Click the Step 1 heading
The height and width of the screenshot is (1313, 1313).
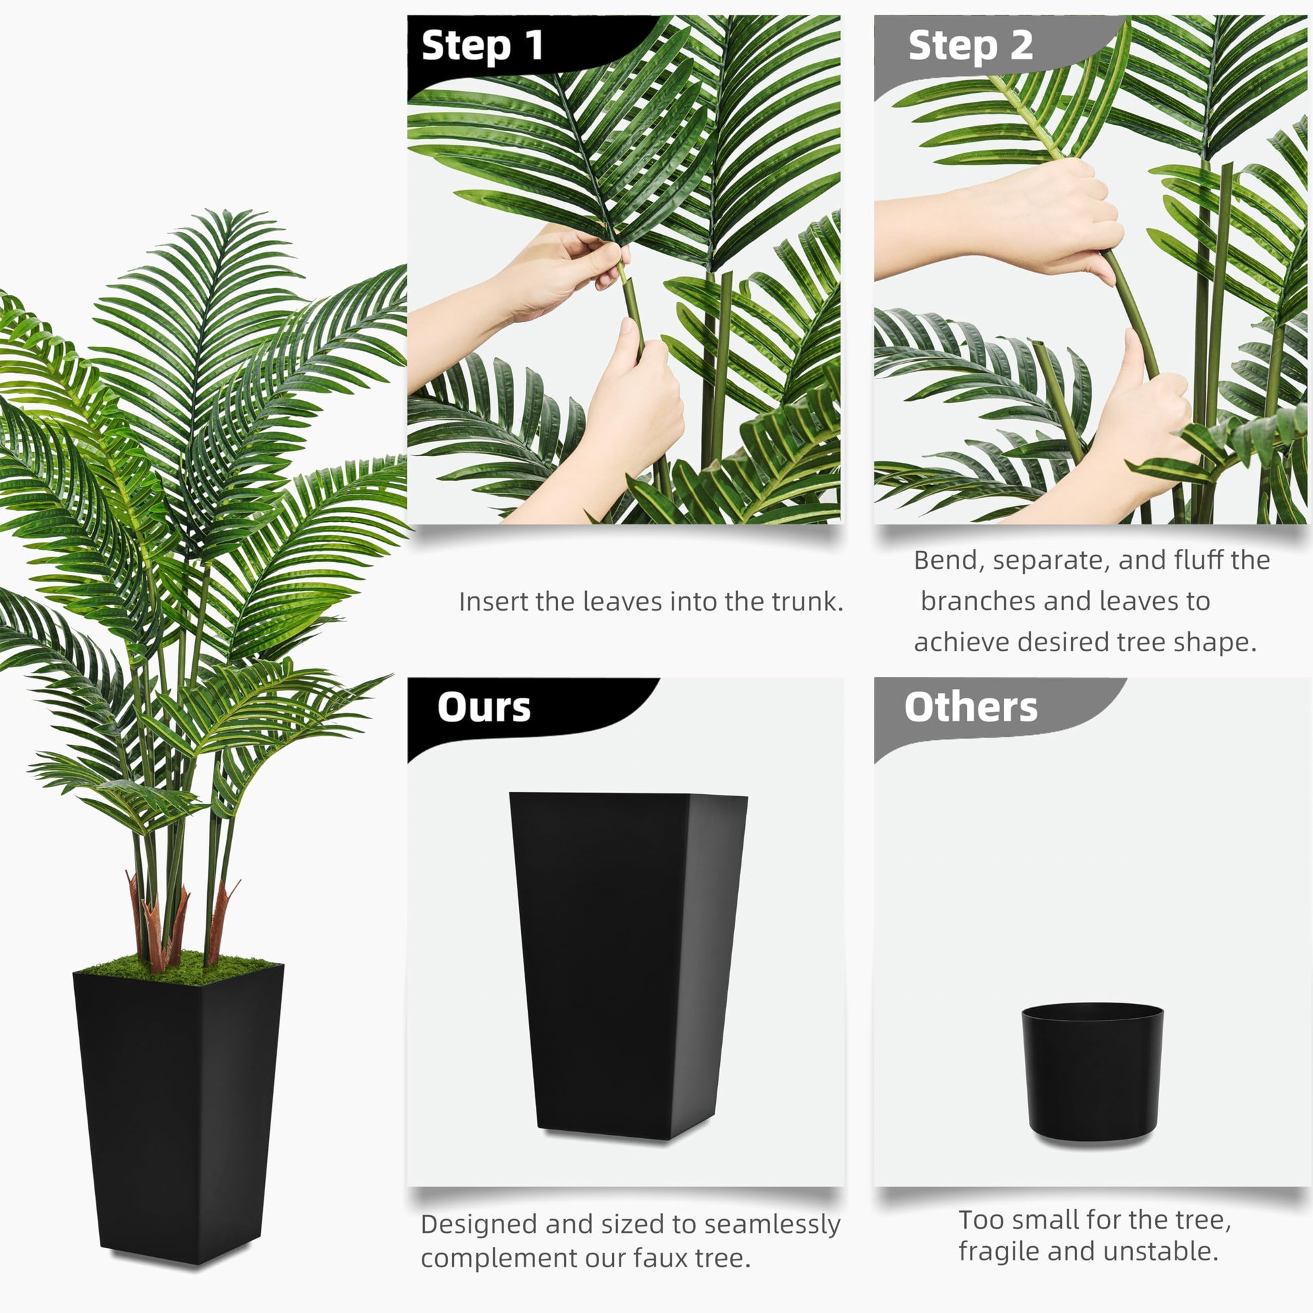point(482,46)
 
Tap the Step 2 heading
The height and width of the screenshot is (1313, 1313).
point(970,46)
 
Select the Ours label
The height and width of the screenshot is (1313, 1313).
point(484,708)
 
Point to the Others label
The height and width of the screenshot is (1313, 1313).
point(970,708)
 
